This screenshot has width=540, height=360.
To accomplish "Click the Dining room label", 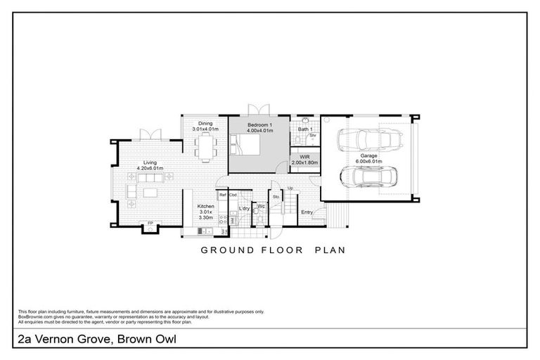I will pyautogui.click(x=205, y=123).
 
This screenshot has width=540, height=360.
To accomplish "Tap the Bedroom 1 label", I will pyautogui.click(x=259, y=124).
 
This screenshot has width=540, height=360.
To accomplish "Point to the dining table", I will pyautogui.click(x=205, y=148).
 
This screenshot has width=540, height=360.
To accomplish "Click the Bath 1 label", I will pyautogui.click(x=304, y=129).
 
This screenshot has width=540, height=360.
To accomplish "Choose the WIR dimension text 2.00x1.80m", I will pyautogui.click(x=305, y=162).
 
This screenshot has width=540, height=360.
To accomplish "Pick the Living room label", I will pyautogui.click(x=150, y=162).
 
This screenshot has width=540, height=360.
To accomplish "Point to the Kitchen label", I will pyautogui.click(x=205, y=206).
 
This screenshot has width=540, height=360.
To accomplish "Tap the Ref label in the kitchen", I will pyautogui.click(x=223, y=194).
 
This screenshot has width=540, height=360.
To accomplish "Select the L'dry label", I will pyautogui.click(x=245, y=208).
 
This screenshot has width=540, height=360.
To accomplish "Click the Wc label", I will pyautogui.click(x=260, y=206).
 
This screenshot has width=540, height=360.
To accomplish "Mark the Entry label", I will pyautogui.click(x=307, y=212).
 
